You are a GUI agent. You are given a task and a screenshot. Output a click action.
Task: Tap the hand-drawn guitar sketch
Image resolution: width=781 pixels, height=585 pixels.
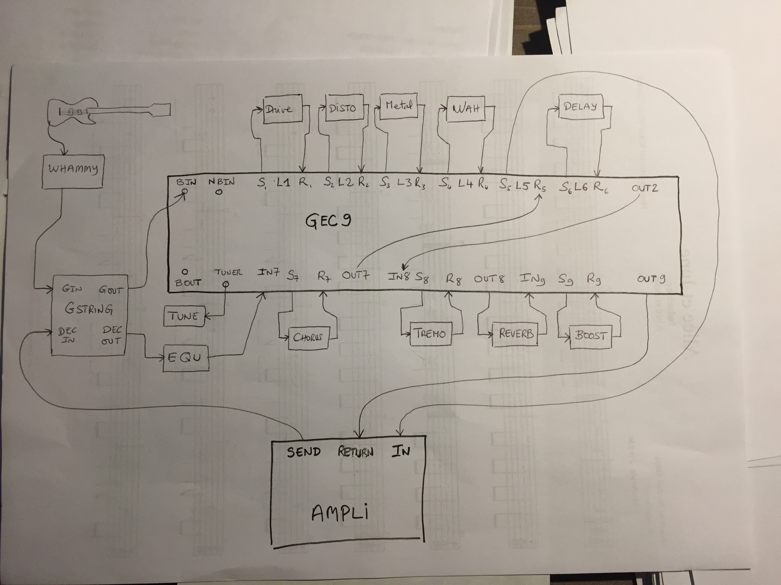point(106,111)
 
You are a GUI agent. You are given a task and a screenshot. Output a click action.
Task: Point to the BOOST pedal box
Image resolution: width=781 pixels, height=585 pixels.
point(590,336)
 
